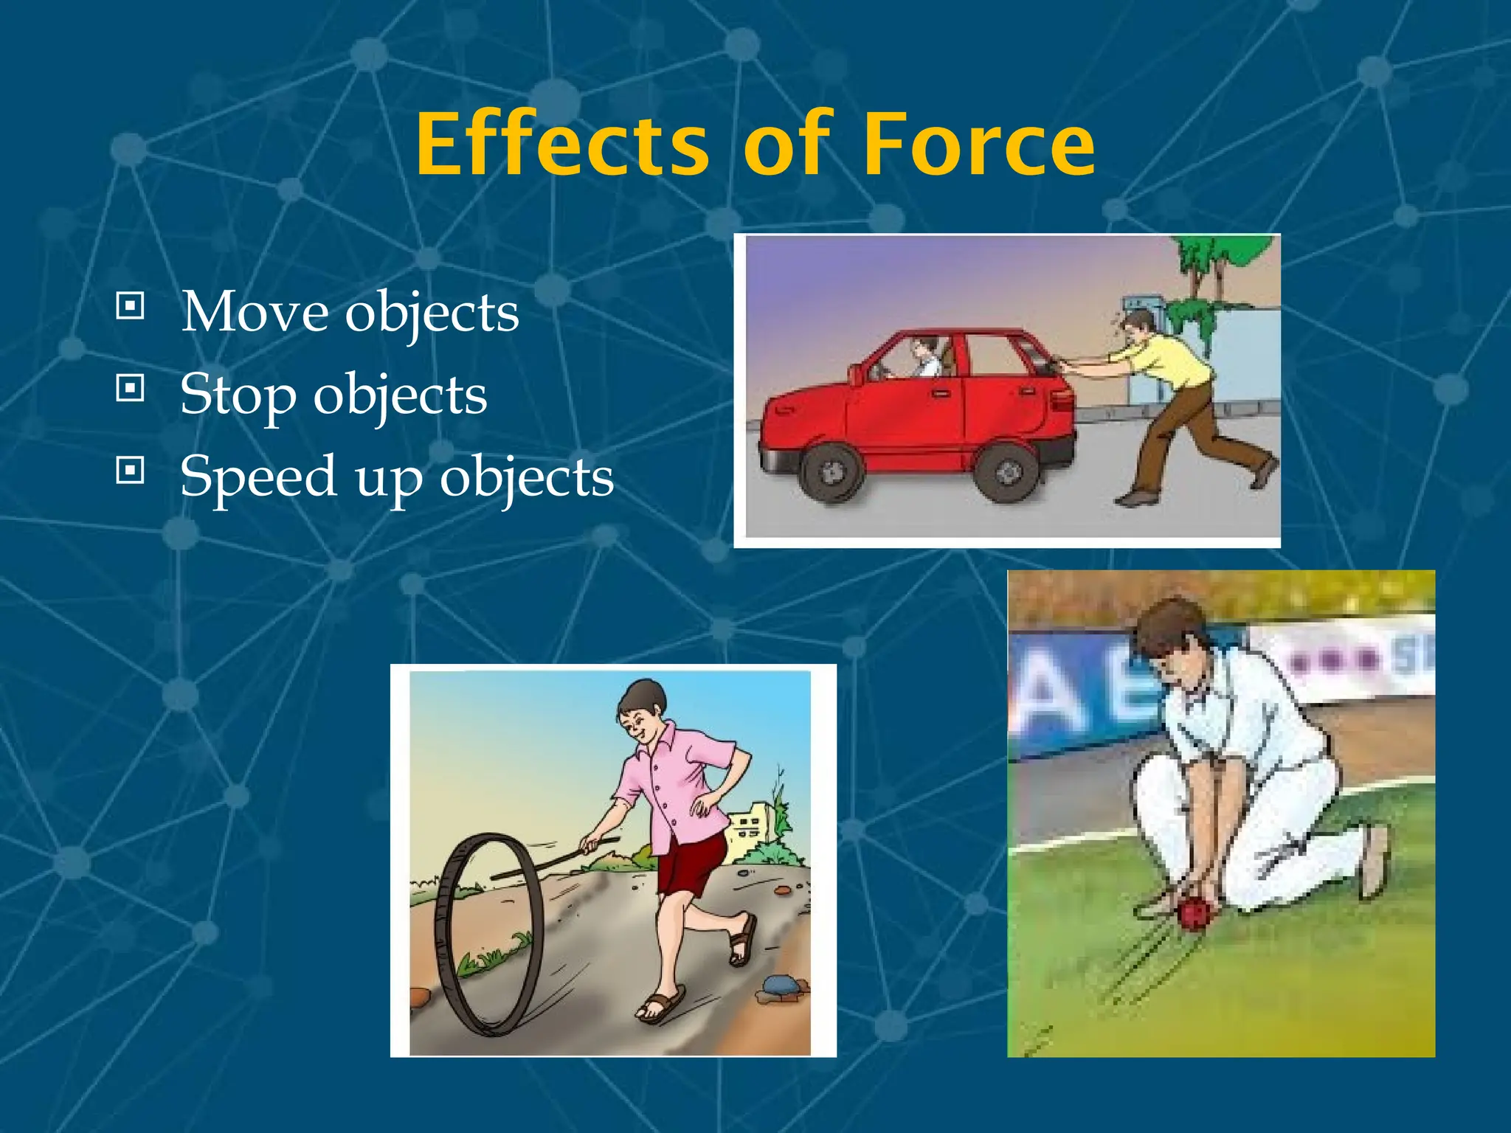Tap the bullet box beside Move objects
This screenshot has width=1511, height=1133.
[x=130, y=305]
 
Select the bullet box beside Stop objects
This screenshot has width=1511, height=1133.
[x=130, y=387]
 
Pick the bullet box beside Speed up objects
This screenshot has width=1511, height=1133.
[x=130, y=469]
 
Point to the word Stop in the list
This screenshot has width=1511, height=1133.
[x=238, y=394]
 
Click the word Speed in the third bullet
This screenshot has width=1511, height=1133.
[x=258, y=477]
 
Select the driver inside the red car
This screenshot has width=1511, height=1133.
[x=922, y=356]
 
